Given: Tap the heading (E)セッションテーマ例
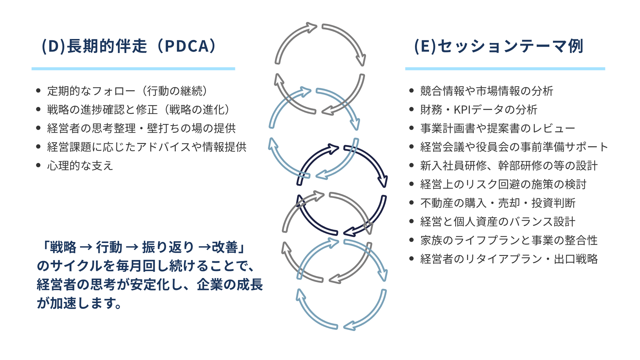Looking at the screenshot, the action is tap(498, 46).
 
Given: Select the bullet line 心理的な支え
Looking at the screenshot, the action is tap(80, 166).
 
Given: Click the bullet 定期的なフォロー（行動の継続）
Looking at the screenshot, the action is tap(127, 91).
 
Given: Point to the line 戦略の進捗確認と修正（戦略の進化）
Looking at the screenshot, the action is tap(139, 110).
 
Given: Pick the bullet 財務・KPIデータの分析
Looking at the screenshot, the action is tap(479, 110).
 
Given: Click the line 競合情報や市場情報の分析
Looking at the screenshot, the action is tap(487, 91).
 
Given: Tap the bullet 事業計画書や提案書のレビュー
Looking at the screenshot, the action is tap(498, 128).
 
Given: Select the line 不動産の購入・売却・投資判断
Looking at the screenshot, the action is tap(498, 203).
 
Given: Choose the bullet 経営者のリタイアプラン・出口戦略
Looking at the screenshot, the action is tap(509, 259).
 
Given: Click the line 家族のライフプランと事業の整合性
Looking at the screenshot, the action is tap(509, 240).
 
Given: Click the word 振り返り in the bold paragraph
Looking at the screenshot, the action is tap(168, 247).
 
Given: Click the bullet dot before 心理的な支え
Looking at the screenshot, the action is tap(38, 165).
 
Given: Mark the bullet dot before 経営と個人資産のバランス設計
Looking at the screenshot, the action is tap(411, 221).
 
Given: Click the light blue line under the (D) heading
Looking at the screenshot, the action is tap(133, 69).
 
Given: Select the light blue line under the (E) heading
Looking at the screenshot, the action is tap(505, 69).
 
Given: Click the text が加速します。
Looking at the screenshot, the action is tap(79, 303).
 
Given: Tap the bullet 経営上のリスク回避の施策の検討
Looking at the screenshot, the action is tap(503, 184).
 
